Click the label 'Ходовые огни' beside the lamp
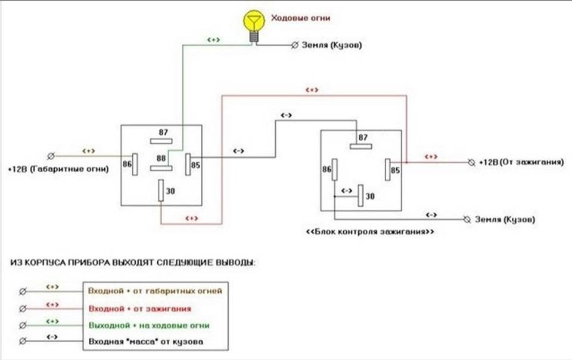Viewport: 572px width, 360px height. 300,18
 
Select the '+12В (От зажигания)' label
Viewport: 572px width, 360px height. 521,162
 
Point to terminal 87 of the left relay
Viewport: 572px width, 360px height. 161,141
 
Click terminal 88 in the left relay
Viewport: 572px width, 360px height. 161,168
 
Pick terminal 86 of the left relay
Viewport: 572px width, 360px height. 135,164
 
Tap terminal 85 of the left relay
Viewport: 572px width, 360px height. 188,164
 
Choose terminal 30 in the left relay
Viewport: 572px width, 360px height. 161,191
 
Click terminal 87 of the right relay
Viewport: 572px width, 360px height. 361,145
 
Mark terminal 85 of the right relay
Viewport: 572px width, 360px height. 387,170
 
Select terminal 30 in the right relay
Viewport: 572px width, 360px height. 360,195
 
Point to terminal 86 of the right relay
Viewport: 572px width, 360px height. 335,170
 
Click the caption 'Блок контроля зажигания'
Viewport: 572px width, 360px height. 369,231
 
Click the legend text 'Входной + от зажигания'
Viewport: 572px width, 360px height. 139,309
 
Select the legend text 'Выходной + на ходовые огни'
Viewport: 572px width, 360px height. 149,325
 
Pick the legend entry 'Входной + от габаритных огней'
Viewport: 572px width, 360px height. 155,291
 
